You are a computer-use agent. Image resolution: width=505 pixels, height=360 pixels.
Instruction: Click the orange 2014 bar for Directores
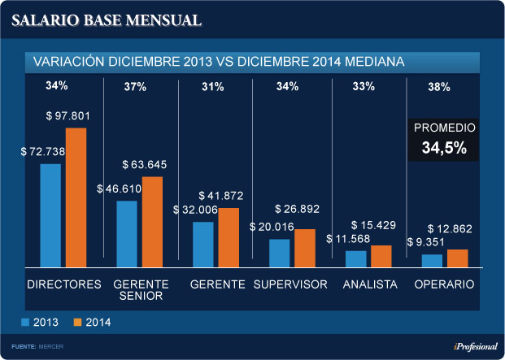click(76, 197)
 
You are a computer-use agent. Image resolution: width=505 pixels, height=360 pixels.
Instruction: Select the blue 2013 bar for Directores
click(50, 215)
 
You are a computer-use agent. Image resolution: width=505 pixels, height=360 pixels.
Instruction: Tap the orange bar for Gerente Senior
click(152, 221)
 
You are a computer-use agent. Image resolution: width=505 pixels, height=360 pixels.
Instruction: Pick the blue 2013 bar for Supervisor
click(279, 252)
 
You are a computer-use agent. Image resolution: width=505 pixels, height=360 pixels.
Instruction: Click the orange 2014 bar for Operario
click(457, 258)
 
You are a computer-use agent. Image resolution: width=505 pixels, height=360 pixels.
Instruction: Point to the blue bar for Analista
click(355, 258)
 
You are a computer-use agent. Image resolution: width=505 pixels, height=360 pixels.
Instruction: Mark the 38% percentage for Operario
click(439, 87)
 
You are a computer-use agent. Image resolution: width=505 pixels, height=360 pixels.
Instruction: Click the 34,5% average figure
click(444, 149)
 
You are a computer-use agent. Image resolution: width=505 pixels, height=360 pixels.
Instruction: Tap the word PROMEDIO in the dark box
click(444, 128)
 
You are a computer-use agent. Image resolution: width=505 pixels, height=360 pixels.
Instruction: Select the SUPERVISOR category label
click(290, 284)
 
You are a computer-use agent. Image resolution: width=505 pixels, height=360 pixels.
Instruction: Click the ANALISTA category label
click(370, 284)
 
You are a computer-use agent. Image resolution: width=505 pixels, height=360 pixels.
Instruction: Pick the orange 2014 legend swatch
click(78, 322)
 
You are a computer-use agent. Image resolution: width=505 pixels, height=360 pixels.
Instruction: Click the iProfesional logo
click(475, 347)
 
